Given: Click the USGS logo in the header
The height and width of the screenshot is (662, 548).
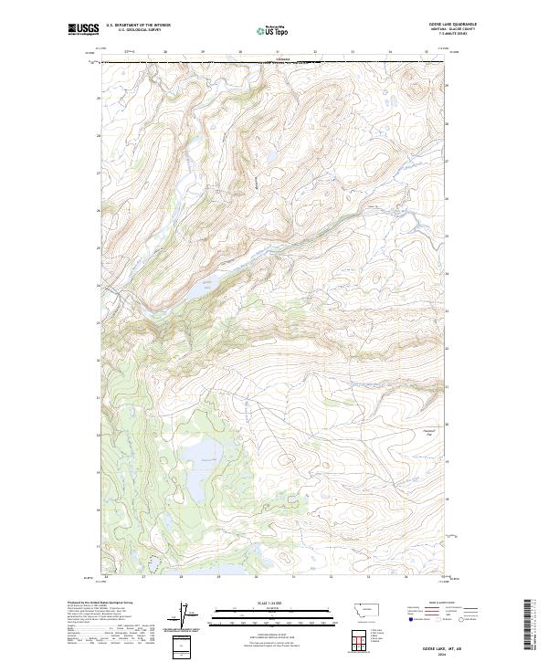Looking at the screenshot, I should pyautogui.click(x=83, y=30).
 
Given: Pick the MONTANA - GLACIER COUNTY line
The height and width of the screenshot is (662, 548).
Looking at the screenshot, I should pyautogui.click(x=458, y=29).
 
